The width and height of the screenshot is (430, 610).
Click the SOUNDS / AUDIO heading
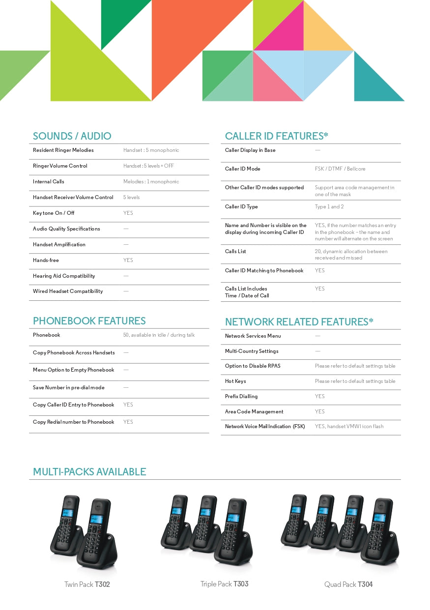(x=72, y=136)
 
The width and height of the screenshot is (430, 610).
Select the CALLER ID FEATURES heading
(x=276, y=136)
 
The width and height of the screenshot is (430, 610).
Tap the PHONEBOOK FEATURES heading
(x=89, y=321)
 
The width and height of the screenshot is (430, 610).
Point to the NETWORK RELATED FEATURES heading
(x=299, y=322)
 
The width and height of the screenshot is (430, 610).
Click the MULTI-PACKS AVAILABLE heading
(x=89, y=472)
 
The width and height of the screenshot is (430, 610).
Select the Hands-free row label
(x=46, y=260)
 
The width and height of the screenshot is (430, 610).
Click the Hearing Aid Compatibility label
(x=64, y=276)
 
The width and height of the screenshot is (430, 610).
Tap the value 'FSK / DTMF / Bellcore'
(x=340, y=169)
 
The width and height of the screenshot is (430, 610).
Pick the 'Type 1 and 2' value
(x=329, y=206)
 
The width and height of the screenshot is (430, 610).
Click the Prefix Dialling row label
(x=241, y=396)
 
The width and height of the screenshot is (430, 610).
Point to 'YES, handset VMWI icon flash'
(x=349, y=426)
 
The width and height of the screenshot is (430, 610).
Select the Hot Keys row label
(x=235, y=381)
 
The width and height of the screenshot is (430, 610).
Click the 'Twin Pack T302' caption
(x=87, y=584)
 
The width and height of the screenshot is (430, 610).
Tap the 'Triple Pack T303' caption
(x=224, y=584)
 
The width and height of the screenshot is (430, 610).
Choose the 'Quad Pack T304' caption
(x=348, y=584)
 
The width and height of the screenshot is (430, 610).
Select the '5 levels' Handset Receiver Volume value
(x=131, y=197)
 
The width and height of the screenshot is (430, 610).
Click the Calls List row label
(x=235, y=251)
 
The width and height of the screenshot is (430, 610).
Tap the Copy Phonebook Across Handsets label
(x=74, y=352)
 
